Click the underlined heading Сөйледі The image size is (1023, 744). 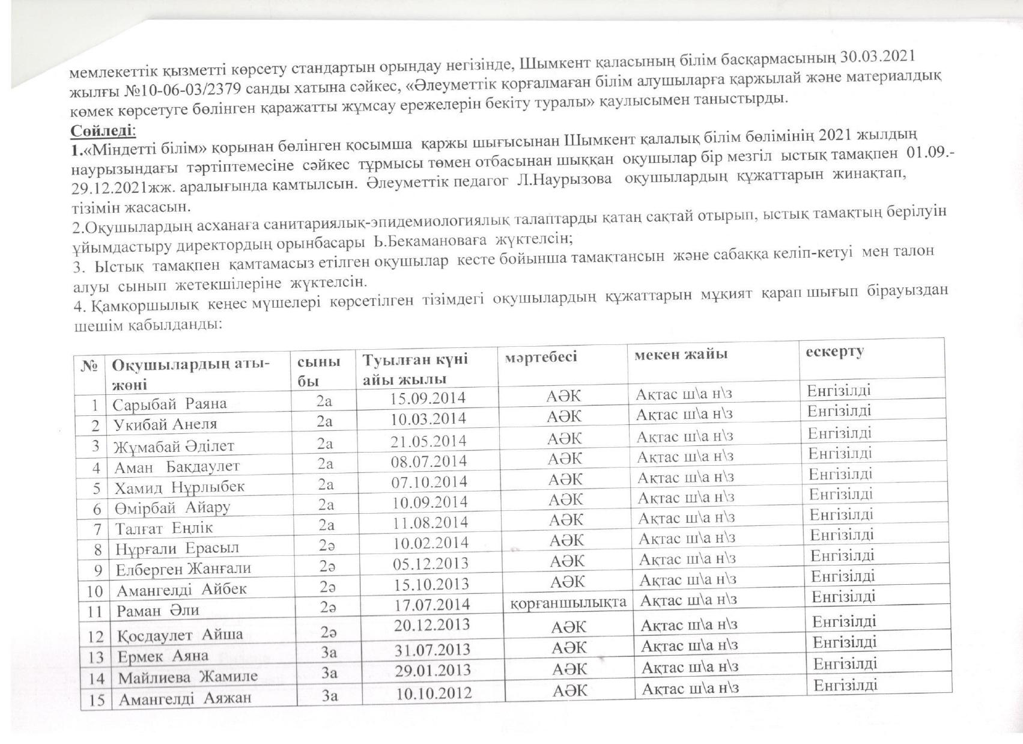point(103,130)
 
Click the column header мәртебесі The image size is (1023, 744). point(541,356)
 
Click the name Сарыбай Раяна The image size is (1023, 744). point(170,403)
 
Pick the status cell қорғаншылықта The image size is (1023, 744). point(568,602)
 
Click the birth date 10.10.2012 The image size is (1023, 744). point(434,692)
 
